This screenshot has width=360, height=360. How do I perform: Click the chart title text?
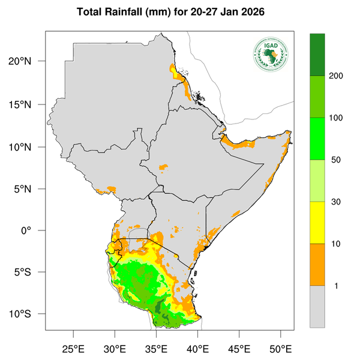180,12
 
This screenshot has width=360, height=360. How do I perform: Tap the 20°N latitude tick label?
28,62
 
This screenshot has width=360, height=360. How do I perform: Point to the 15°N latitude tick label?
28,104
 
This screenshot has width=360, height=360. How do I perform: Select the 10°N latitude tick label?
28,146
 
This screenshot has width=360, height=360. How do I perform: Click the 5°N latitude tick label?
30,188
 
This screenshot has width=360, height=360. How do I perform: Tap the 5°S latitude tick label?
30,272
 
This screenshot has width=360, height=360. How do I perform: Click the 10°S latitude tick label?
28,314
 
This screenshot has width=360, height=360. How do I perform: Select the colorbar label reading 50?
335,160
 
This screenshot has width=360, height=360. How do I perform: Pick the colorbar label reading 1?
336,286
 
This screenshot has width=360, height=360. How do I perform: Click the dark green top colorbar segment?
317,55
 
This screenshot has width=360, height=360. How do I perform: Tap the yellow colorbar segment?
317,223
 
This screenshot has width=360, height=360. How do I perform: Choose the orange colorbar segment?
317,265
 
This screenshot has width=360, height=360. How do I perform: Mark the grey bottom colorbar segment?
317,307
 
